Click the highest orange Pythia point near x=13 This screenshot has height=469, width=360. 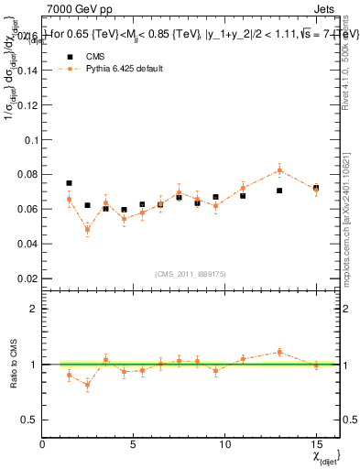click(279, 169)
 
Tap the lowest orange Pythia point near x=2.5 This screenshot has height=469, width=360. click(87, 230)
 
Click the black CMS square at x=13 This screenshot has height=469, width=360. click(279, 191)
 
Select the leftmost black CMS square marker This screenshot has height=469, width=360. click(69, 183)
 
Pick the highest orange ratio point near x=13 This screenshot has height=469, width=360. click(279, 352)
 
